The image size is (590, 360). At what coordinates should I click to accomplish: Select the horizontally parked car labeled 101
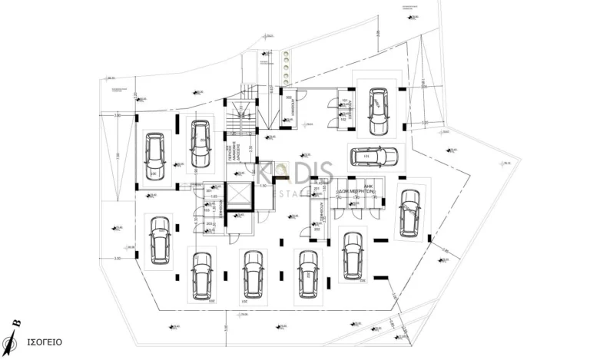point(373,157)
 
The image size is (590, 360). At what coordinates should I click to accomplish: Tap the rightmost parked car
point(409,210)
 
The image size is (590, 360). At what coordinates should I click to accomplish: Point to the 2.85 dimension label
point(445,250)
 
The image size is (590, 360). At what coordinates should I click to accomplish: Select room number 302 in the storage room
point(315,228)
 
